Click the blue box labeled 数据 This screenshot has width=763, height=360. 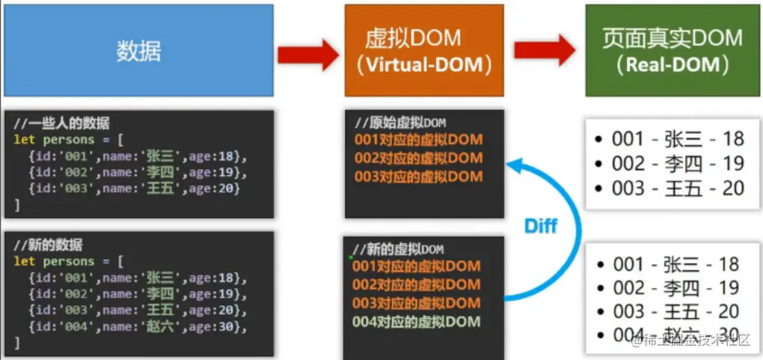pos(138,50)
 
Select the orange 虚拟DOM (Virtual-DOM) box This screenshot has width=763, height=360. pos(424,50)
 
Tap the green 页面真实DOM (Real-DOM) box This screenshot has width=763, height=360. pos(672,50)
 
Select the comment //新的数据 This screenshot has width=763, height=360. pos(49,245)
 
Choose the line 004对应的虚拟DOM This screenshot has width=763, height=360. pos(416,322)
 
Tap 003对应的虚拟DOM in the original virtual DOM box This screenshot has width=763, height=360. pos(418,177)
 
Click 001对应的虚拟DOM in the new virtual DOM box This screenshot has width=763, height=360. pos(416,266)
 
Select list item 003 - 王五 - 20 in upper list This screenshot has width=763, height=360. pos(677,187)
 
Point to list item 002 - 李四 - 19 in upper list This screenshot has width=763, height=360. pos(677,163)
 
